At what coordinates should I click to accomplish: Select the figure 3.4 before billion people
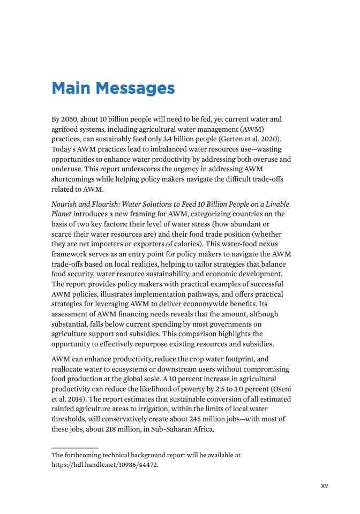(167, 139)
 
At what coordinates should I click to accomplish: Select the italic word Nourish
(65, 204)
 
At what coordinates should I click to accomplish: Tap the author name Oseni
(280, 389)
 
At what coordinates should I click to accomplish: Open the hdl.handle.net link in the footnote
(105, 465)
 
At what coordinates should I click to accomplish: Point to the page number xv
(324, 486)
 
